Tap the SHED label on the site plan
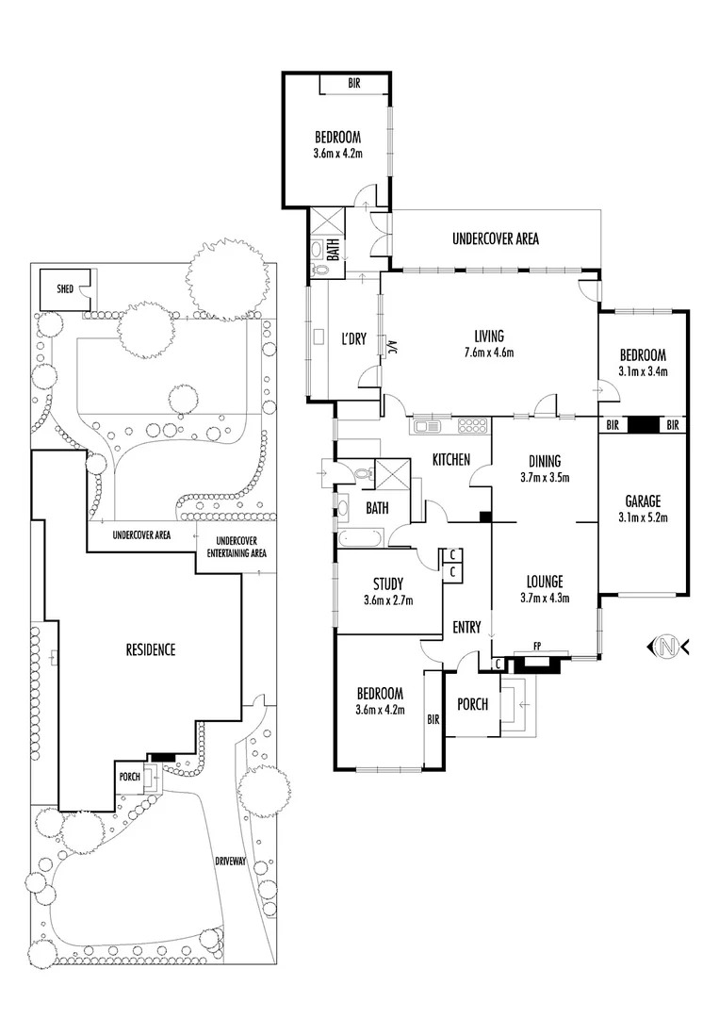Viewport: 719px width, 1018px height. (x=65, y=287)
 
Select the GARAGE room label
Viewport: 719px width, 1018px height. (x=643, y=501)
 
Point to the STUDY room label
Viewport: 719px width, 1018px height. (x=387, y=583)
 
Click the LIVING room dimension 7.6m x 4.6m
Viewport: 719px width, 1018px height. (x=489, y=353)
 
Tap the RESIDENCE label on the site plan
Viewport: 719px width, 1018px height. (x=151, y=649)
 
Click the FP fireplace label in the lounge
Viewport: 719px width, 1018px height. (x=536, y=647)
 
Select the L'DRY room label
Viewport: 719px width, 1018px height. (x=354, y=339)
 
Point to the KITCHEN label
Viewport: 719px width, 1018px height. (x=451, y=460)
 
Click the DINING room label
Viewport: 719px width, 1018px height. (x=544, y=461)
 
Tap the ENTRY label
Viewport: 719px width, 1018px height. (x=466, y=627)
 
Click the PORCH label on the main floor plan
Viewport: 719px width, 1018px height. (x=472, y=703)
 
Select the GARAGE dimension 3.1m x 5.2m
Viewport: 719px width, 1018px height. (x=643, y=517)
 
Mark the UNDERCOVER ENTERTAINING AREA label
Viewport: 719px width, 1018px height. (x=237, y=546)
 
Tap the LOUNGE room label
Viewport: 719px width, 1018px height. (x=544, y=582)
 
